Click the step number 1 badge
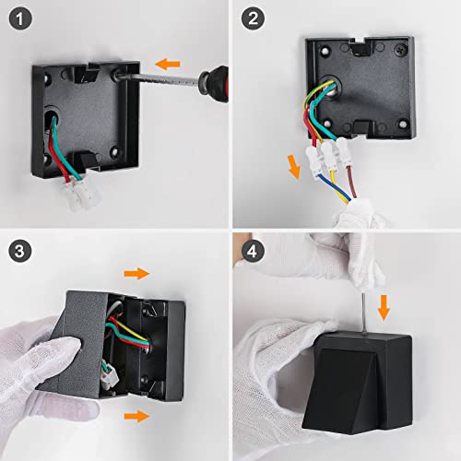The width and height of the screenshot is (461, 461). click(x=20, y=20)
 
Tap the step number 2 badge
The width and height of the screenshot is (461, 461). click(x=252, y=20)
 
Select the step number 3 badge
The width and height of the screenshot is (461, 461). click(x=20, y=251)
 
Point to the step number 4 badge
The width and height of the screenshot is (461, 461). click(x=252, y=251)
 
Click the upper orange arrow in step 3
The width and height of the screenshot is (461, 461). click(x=136, y=273)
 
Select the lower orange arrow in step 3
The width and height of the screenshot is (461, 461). click(x=136, y=417)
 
